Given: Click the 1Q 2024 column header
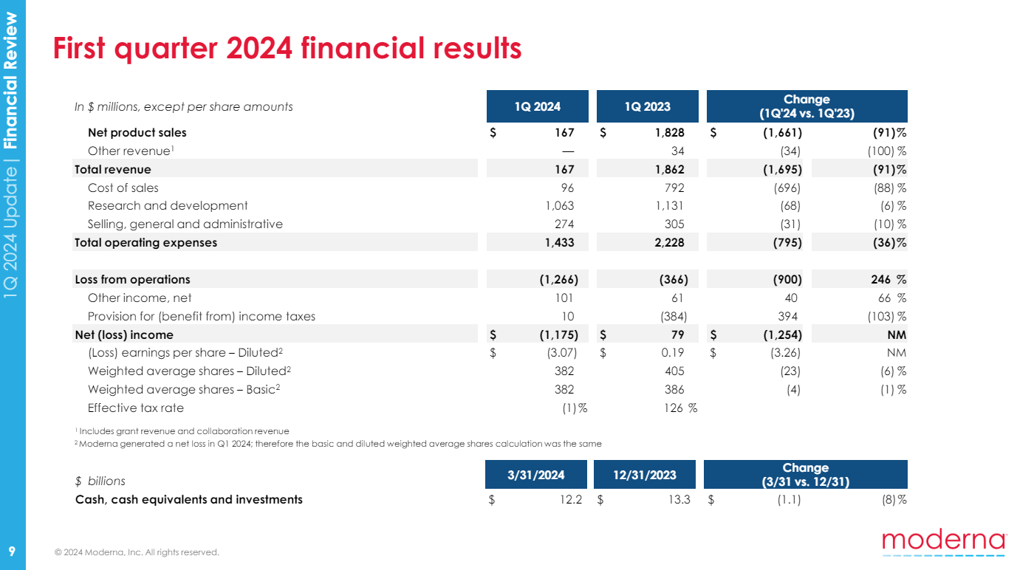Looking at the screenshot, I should click(537, 106).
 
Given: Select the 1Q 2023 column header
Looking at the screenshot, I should click(647, 106).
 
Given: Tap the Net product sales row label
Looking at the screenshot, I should click(137, 133).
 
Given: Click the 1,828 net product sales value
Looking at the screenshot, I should click(669, 133).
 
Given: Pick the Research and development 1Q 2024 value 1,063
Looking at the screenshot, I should click(559, 206).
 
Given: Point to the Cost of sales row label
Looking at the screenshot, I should click(123, 188).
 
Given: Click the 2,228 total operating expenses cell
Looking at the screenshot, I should click(669, 242).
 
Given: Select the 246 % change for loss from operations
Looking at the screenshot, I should click(891, 280).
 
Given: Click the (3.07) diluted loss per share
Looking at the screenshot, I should click(557, 352).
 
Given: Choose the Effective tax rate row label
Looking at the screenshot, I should click(135, 408).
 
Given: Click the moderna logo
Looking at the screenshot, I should click(943, 541).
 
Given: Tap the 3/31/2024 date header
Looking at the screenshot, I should click(536, 475).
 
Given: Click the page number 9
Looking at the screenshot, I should click(12, 552).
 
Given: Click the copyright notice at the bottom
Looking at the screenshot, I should click(137, 552).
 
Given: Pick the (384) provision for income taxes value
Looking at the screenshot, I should click(672, 316).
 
